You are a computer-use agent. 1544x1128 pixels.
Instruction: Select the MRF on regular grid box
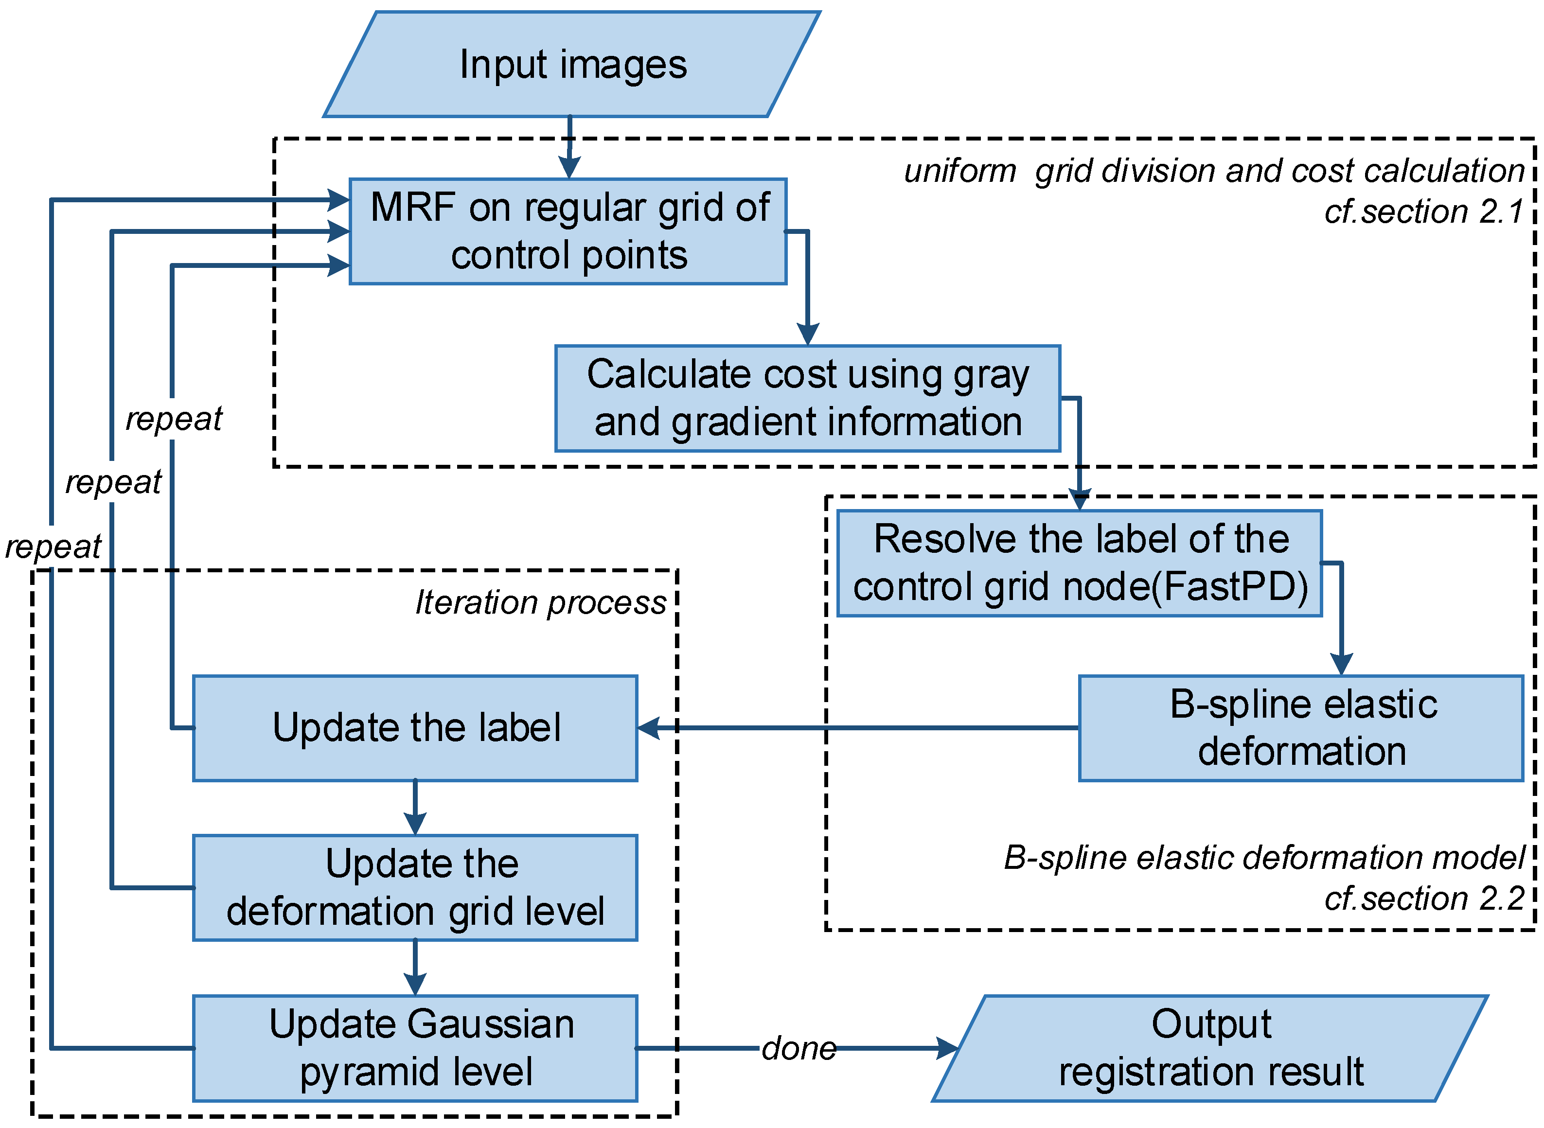[568, 231]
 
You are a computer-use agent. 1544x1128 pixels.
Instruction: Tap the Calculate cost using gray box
[808, 399]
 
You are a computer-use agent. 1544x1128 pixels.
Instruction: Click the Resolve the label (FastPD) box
[1080, 564]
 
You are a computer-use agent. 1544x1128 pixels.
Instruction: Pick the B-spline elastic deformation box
[1301, 728]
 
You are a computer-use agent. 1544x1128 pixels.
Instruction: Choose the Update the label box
[415, 728]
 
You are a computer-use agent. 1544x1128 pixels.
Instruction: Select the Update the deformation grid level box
[415, 888]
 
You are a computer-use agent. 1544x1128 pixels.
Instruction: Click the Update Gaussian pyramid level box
[415, 1049]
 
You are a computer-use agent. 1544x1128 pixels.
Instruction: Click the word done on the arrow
[799, 1049]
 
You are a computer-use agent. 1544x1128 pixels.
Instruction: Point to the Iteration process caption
[540, 603]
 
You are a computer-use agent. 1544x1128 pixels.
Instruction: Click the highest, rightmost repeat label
[174, 419]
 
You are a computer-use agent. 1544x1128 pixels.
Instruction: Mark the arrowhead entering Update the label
[649, 728]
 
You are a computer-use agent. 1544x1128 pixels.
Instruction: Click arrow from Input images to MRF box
[569, 147]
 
